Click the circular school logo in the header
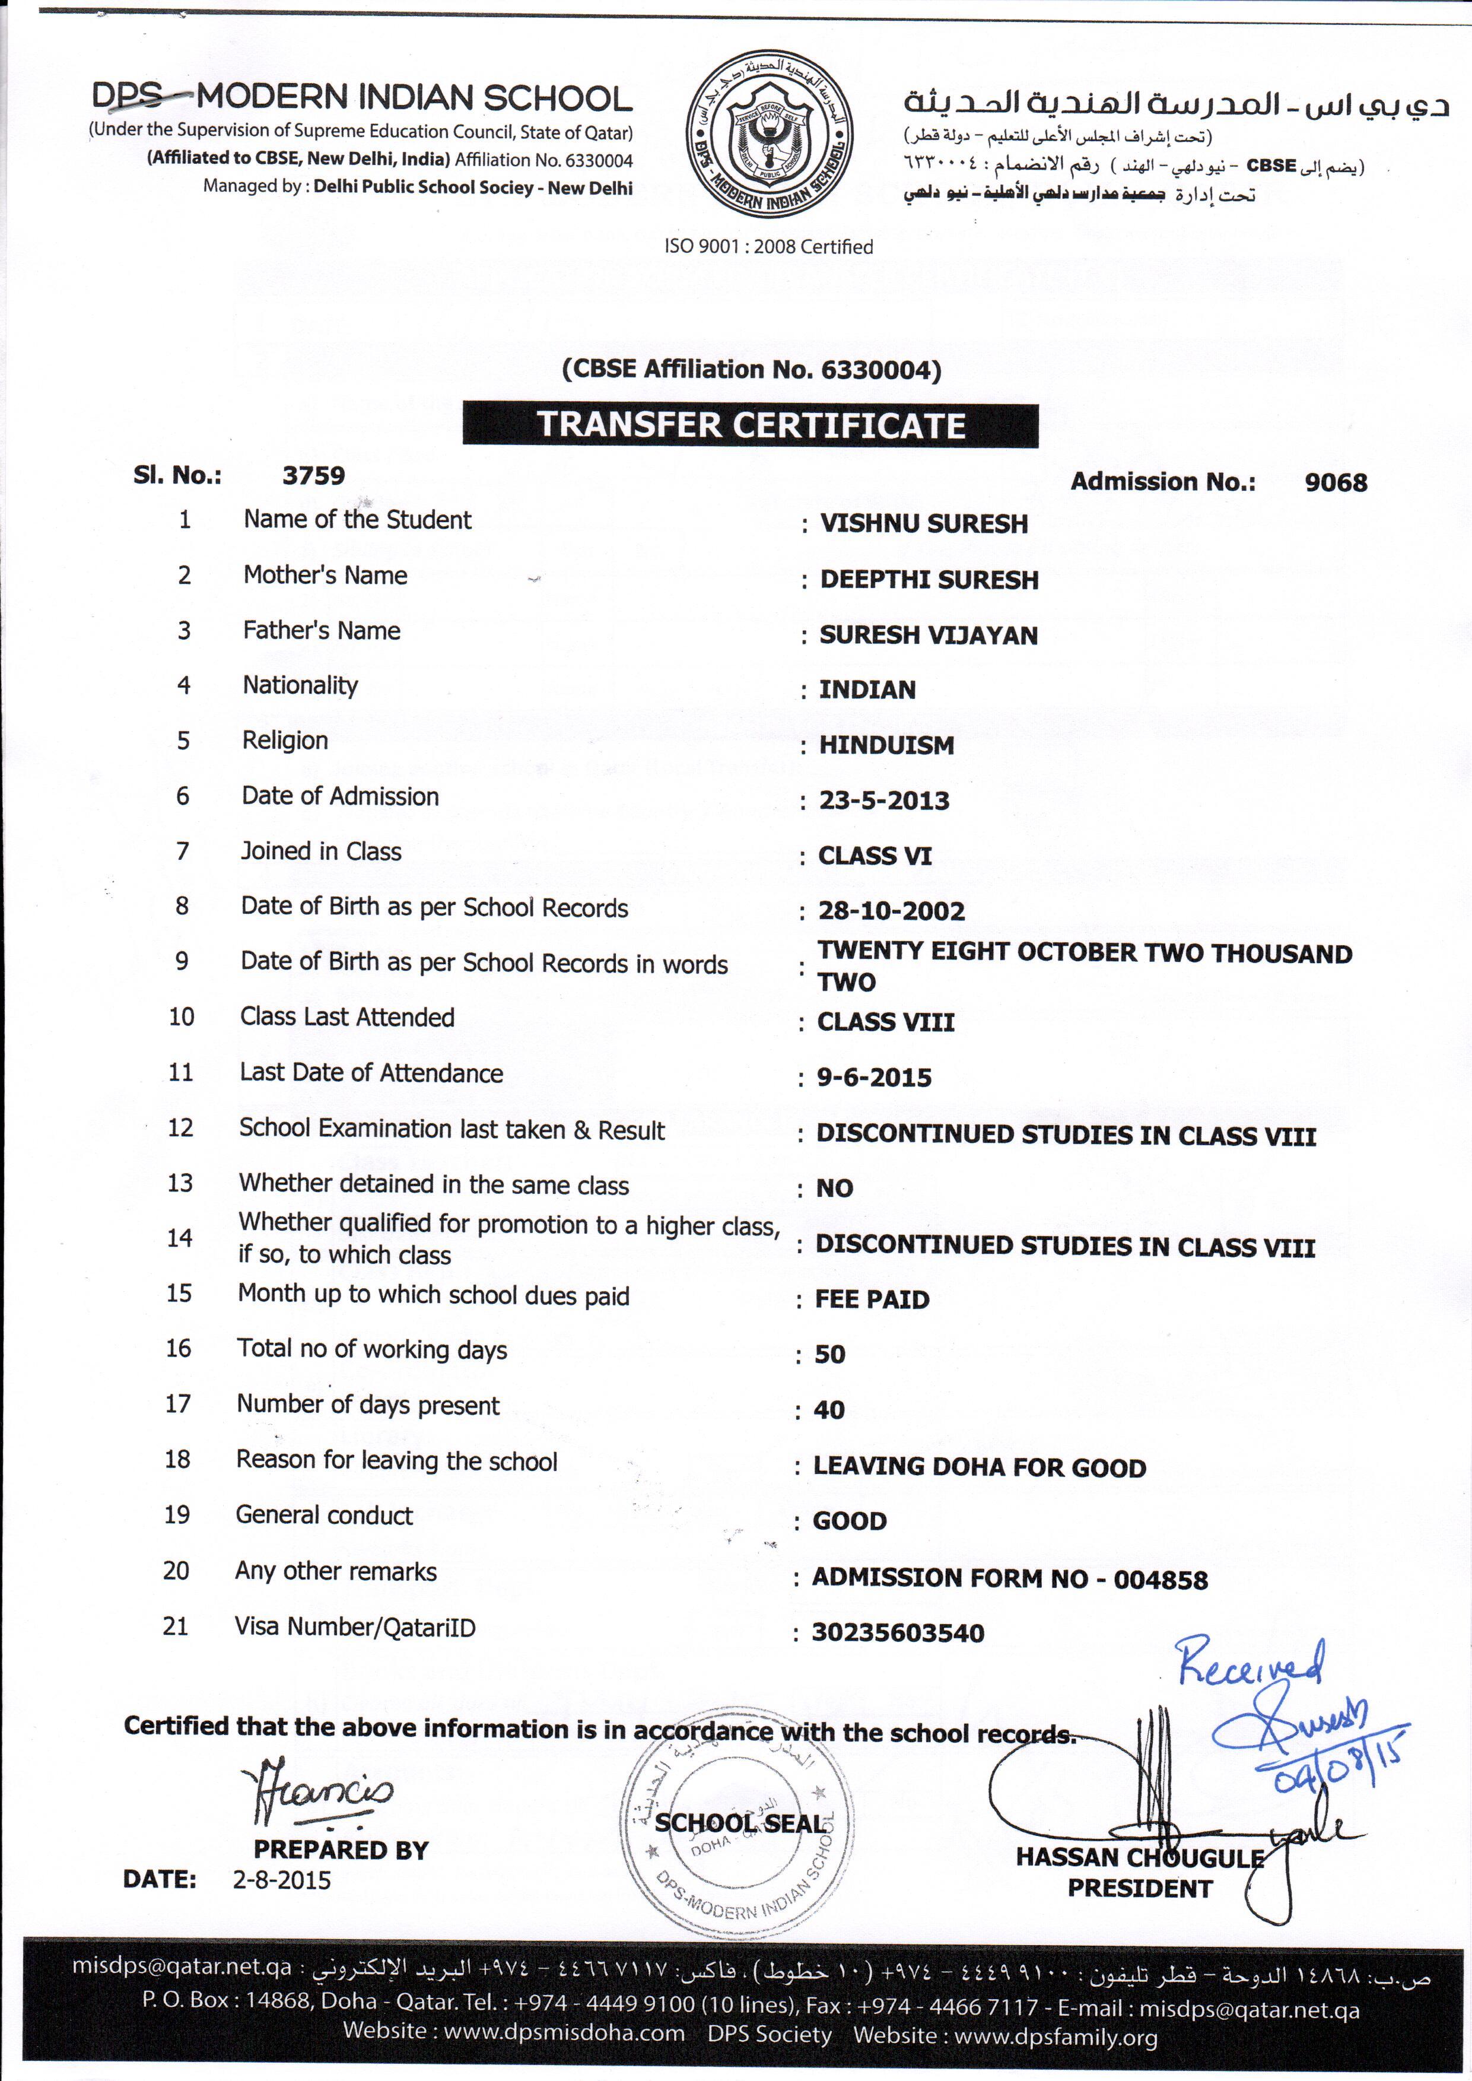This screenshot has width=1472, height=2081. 768,134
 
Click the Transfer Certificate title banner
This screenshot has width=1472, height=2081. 751,425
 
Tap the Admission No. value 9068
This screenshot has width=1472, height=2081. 1335,482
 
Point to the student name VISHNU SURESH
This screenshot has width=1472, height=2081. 924,524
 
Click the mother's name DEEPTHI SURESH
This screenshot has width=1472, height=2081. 929,580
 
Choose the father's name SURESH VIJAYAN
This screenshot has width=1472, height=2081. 928,636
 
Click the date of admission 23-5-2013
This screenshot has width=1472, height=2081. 884,800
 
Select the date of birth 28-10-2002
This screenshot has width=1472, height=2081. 891,911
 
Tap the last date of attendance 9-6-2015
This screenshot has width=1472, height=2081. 874,1078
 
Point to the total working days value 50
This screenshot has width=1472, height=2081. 829,1354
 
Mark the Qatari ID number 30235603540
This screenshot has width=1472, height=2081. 897,1633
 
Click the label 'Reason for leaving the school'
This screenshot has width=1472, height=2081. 397,1461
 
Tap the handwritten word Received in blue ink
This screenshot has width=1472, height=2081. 1249,1661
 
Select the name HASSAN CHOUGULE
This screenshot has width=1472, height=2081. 1139,1857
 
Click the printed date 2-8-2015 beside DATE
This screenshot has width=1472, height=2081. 282,1880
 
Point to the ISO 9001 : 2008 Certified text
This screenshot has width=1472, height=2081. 768,246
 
